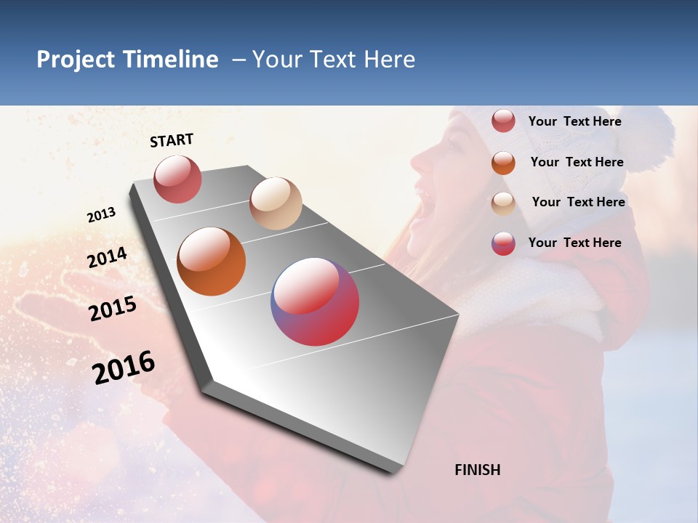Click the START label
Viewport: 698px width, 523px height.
172,140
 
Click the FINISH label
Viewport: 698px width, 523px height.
477,470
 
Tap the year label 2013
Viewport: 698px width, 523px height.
101,215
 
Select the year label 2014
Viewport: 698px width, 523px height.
107,258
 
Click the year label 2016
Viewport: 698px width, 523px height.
124,367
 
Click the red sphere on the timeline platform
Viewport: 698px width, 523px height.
177,179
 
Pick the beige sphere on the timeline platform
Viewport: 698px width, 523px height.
276,203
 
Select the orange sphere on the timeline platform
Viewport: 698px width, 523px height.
212,261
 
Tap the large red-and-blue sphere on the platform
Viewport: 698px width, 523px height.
315,301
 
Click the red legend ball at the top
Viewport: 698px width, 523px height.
503,121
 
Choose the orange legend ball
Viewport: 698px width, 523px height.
503,162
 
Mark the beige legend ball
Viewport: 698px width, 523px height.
503,203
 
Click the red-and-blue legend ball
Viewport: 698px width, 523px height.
503,243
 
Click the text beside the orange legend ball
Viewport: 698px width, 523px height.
577,162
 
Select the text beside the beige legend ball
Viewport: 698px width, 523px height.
578,202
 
